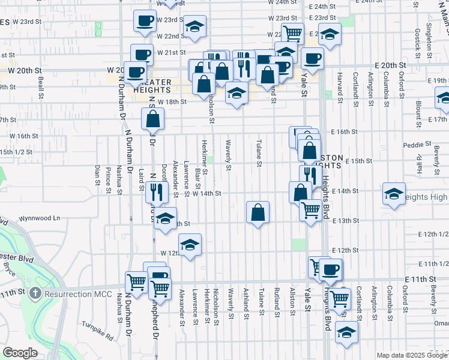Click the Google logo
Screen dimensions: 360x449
click(x=20, y=353)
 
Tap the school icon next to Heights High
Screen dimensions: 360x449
click(x=394, y=194)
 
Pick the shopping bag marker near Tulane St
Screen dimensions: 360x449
click(x=258, y=212)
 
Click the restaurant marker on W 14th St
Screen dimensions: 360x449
click(x=154, y=193)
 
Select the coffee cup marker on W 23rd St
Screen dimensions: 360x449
click(x=144, y=22)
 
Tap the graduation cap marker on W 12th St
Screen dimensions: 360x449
click(x=190, y=245)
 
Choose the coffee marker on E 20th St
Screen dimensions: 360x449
click(x=312, y=59)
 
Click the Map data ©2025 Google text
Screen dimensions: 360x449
click(x=411, y=355)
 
